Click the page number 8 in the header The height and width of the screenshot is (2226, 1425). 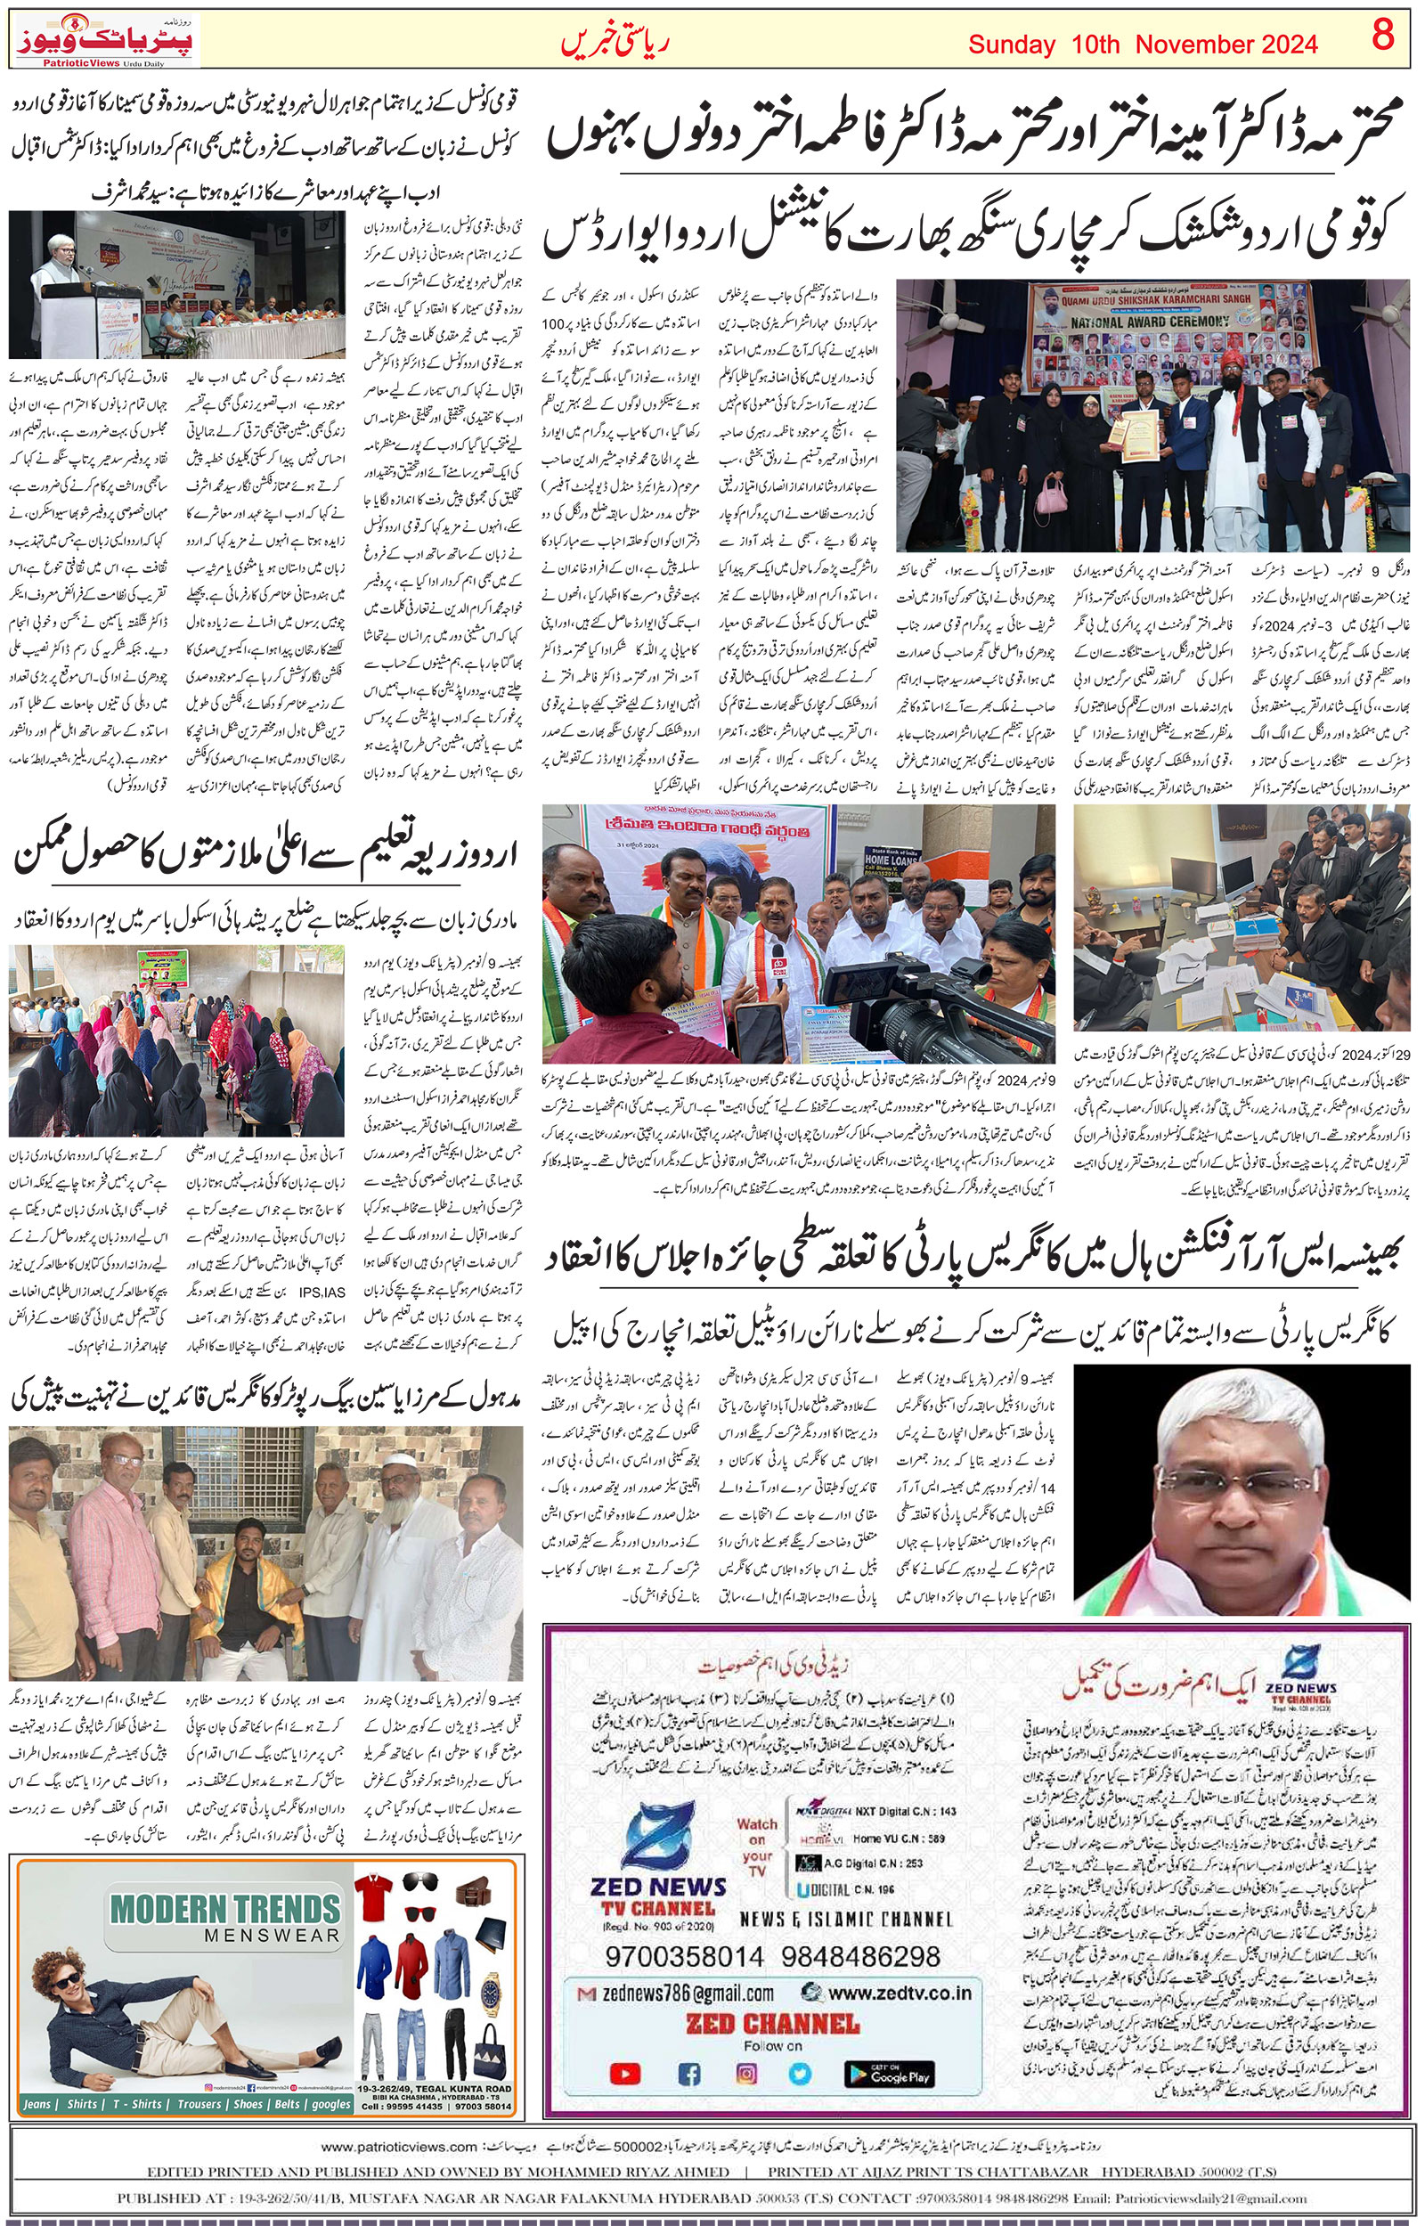(x=1382, y=37)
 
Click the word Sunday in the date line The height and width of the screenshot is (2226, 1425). (x=1012, y=45)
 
